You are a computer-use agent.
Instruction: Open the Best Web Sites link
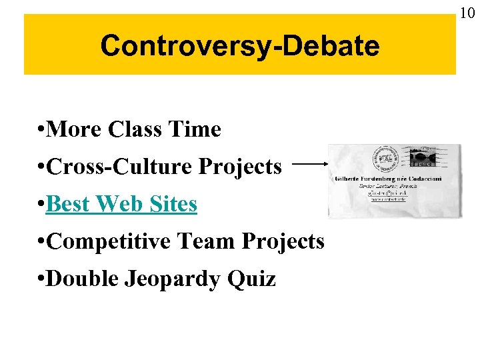pos(122,204)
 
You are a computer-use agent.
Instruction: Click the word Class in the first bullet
pos(139,129)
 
